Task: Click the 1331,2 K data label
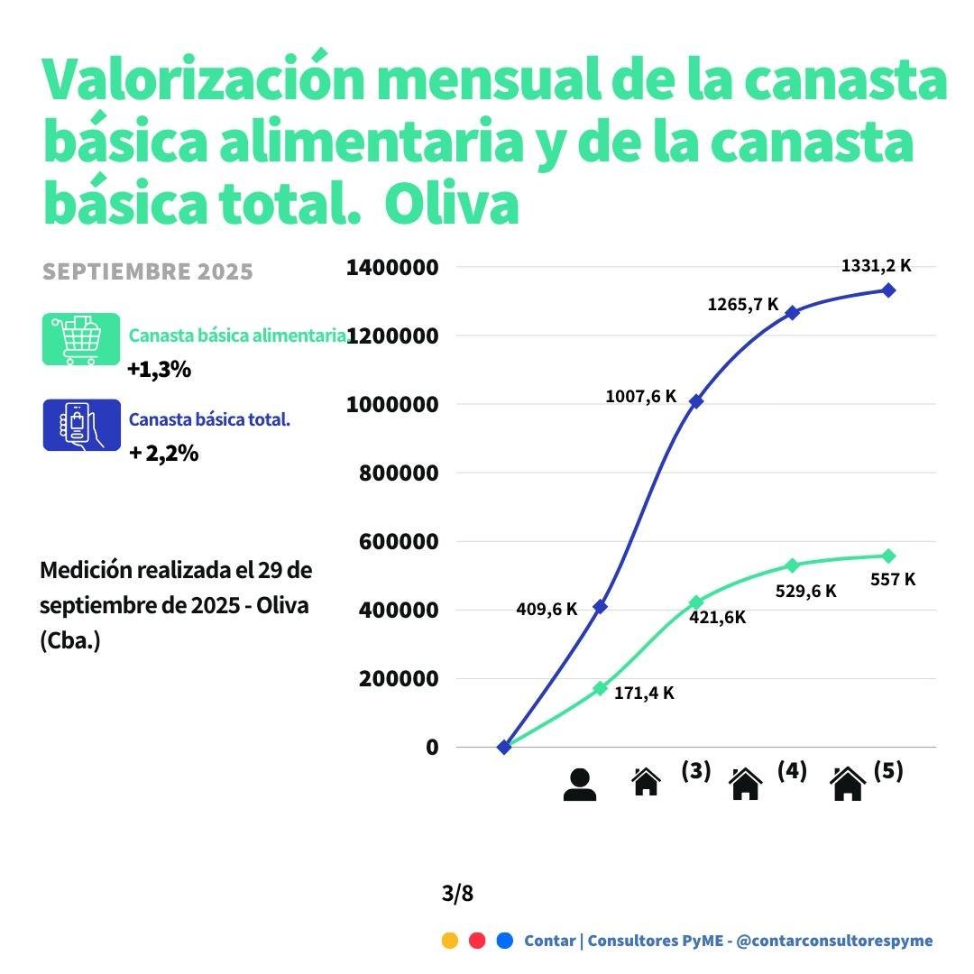(x=876, y=266)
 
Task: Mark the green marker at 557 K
(x=888, y=556)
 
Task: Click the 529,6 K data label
(x=806, y=592)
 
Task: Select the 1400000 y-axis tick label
(x=392, y=268)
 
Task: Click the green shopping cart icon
(x=81, y=339)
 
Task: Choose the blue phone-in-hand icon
(x=81, y=425)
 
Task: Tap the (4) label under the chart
(x=792, y=772)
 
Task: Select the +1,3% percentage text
(x=159, y=370)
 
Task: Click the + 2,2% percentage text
(x=163, y=454)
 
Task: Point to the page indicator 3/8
(x=457, y=894)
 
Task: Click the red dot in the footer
(x=478, y=941)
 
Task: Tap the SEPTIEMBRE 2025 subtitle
(x=148, y=272)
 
